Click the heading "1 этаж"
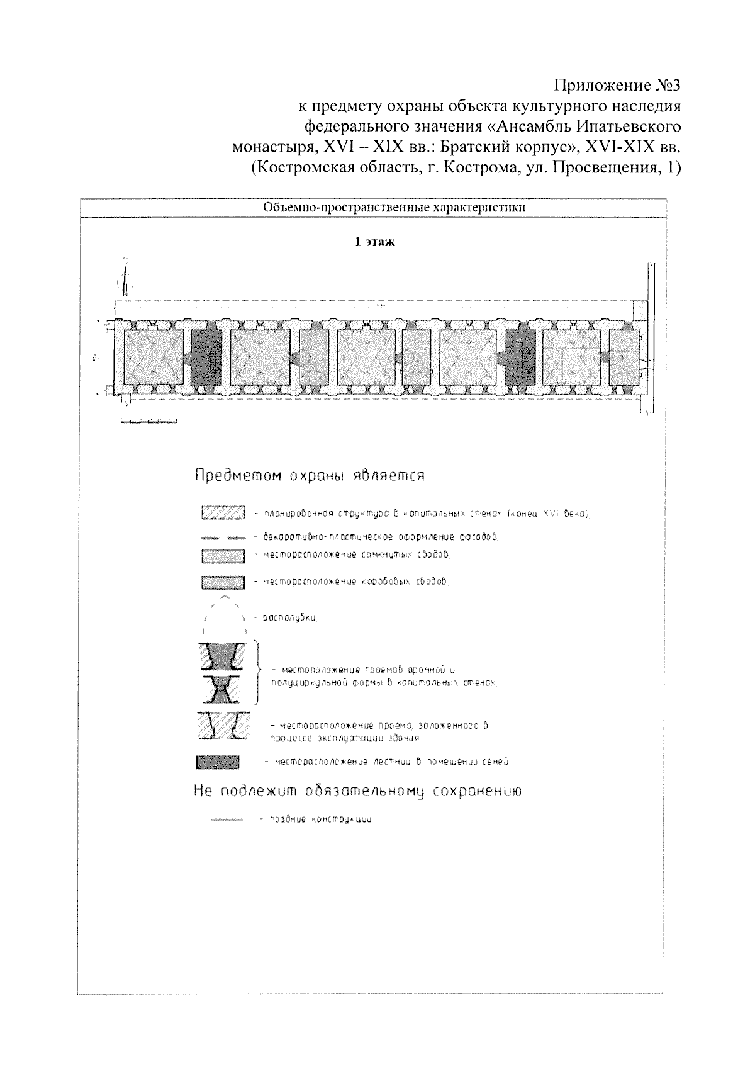[375, 242]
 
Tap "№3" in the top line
[666, 84]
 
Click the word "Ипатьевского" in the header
[629, 126]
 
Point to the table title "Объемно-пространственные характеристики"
[394, 207]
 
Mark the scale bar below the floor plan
[149, 421]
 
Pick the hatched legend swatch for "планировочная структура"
[223, 514]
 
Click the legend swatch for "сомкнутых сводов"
[223, 556]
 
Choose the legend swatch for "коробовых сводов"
[223, 582]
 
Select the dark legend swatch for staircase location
[218, 762]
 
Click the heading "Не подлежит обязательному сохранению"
[357, 792]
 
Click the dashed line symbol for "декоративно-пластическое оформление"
[223, 538]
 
